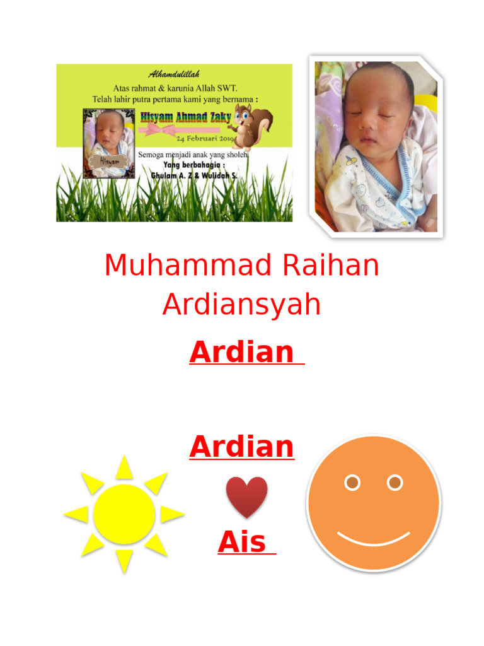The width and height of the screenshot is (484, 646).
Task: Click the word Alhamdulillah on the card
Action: pyautogui.click(x=174, y=75)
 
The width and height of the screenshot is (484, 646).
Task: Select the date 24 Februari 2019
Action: pyautogui.click(x=205, y=139)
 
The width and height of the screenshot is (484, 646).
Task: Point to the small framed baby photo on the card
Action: pyautogui.click(x=109, y=143)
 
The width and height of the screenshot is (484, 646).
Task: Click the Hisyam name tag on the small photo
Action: pyautogui.click(x=109, y=161)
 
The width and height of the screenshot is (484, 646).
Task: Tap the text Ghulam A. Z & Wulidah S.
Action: pyautogui.click(x=193, y=175)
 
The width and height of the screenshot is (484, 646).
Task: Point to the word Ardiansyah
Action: pyautogui.click(x=241, y=305)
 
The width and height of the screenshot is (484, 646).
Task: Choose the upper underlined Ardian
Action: pyautogui.click(x=241, y=352)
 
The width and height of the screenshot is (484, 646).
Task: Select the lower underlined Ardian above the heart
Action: pyautogui.click(x=241, y=447)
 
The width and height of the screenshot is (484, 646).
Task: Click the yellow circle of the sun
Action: pyautogui.click(x=124, y=514)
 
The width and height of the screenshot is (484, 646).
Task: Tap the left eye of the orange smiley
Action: pyautogui.click(x=352, y=483)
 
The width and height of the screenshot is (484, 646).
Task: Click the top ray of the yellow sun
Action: pyautogui.click(x=124, y=467)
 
